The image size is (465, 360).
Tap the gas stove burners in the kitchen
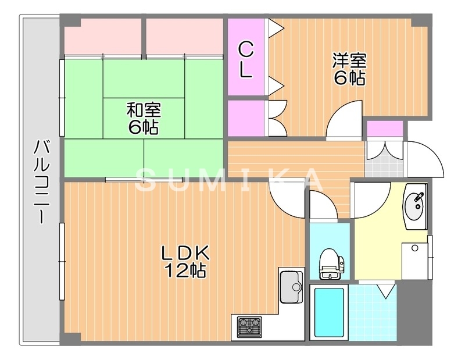pos(249,326)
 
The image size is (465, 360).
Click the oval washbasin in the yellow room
pos(414,206)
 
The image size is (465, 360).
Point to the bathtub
pos(329,312)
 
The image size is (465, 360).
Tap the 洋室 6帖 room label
pos(349,69)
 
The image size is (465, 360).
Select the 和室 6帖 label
pos(144,118)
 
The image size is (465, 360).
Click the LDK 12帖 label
pos(185,261)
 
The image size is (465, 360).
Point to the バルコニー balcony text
pos(41,181)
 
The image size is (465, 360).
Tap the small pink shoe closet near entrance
pos(385,128)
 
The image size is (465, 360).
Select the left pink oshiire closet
pos(103,37)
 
